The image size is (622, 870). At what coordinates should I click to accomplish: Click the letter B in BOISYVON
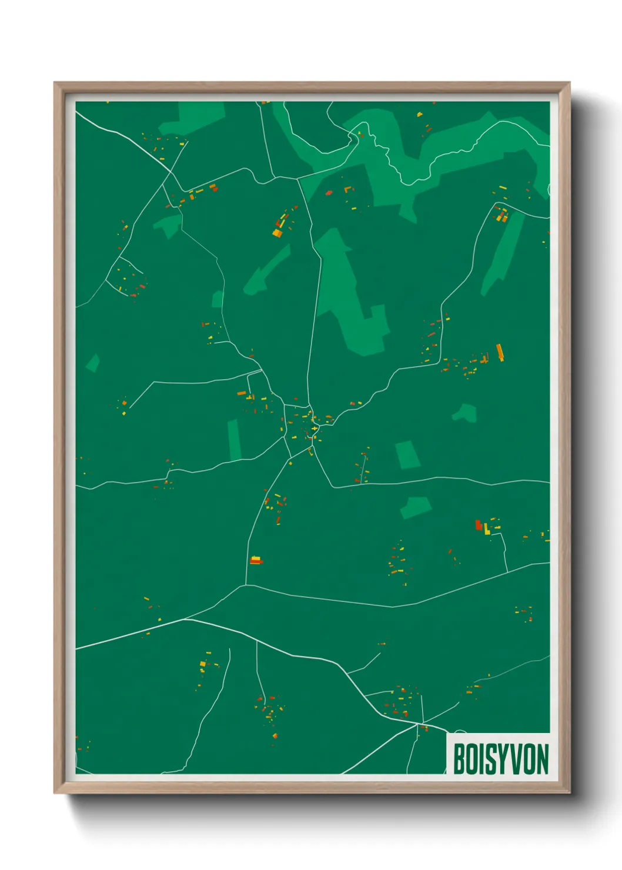[x=459, y=759]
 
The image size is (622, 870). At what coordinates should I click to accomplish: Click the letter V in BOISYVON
[x=516, y=759]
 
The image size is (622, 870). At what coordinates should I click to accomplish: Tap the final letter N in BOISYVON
[x=542, y=759]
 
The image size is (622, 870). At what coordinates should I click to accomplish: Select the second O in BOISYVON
[x=529, y=759]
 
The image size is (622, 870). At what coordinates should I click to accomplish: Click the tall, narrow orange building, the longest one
[x=500, y=352]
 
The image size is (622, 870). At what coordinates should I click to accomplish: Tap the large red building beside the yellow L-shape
[x=479, y=525]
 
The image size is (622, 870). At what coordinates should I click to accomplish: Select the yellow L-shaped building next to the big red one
[x=487, y=529]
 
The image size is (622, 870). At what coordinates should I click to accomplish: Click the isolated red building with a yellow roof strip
[x=255, y=560]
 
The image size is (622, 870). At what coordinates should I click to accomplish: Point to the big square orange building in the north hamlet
[x=277, y=233]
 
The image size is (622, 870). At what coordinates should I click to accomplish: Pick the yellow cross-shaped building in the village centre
[x=315, y=429]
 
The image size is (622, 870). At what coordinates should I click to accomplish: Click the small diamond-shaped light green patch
[x=92, y=363]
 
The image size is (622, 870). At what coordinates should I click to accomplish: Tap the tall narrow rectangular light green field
[x=234, y=440]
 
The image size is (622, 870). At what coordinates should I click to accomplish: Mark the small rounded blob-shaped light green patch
[x=465, y=413]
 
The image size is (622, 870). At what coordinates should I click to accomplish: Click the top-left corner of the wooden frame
[x=55, y=83]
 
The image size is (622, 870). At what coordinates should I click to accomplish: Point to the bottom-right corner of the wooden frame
[x=569, y=794]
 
